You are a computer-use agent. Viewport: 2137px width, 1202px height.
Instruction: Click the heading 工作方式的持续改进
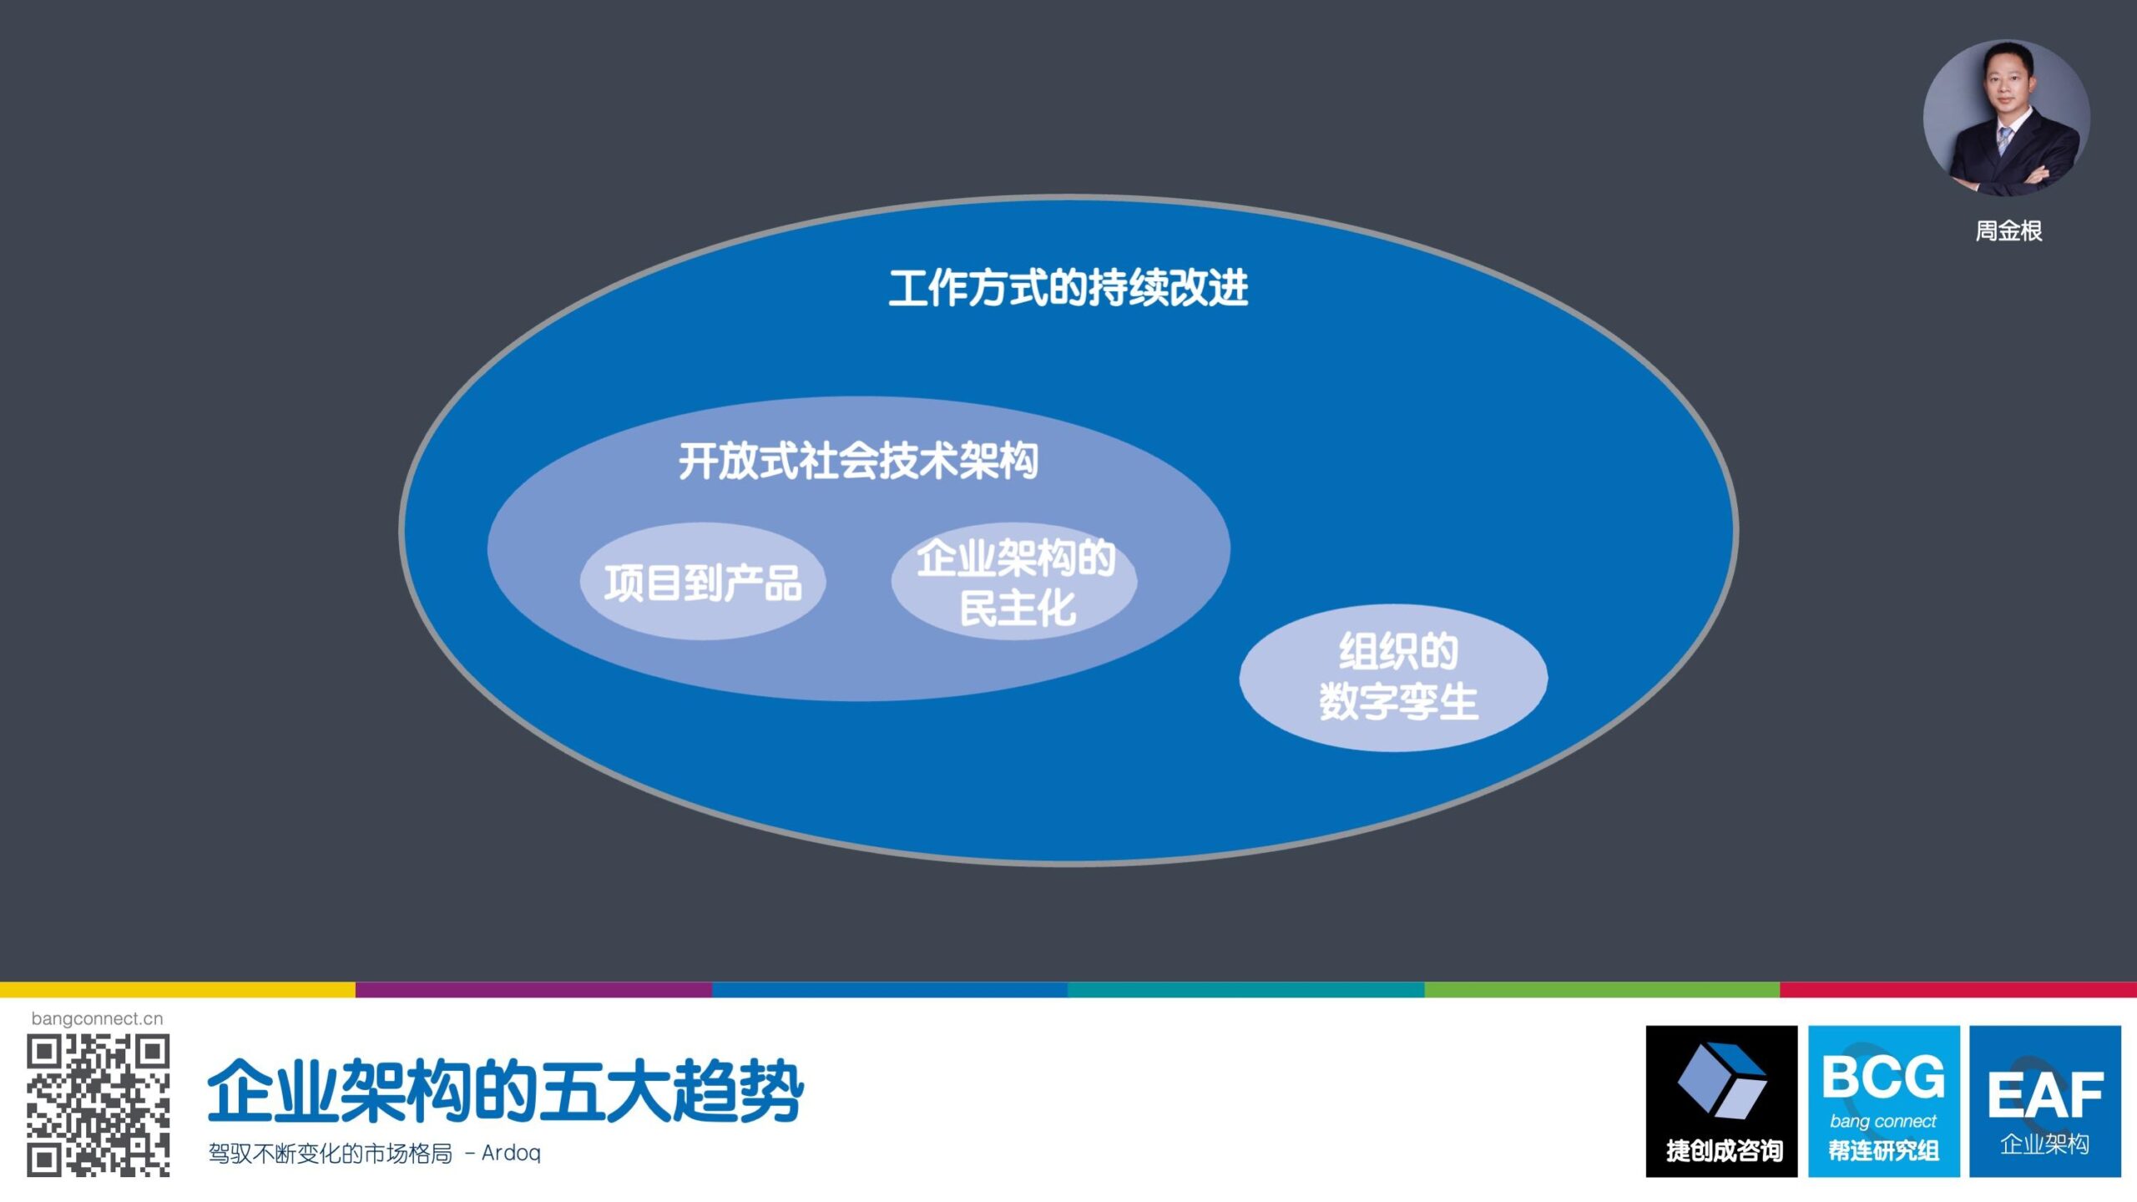tap(1068, 288)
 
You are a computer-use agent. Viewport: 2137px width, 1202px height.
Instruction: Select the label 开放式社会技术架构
tap(858, 461)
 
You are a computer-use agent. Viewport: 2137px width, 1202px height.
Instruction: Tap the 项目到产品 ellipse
tap(703, 582)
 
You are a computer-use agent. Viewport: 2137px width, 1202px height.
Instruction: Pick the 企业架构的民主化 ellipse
tap(1014, 582)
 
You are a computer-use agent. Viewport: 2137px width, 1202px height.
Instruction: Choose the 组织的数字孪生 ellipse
tap(1393, 678)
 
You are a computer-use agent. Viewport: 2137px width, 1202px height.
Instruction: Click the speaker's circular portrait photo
tap(2007, 119)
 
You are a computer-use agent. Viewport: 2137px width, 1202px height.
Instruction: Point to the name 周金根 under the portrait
tap(2008, 231)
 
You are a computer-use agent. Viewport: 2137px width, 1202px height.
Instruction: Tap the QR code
tap(99, 1105)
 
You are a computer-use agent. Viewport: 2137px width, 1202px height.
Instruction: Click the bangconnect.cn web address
tap(97, 1018)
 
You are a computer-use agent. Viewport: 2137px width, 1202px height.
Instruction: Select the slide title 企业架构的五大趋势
tap(505, 1090)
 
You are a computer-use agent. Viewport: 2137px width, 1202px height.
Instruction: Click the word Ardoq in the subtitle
tap(511, 1153)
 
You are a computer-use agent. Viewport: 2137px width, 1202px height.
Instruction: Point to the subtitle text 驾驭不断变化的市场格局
tap(330, 1154)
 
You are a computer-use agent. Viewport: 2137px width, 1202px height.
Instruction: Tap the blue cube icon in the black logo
tap(1722, 1079)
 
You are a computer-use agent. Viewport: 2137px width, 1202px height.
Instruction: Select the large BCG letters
tap(1883, 1077)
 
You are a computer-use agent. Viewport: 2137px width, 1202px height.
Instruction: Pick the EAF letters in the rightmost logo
tap(2045, 1095)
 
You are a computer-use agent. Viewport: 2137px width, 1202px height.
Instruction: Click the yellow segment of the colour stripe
tap(178, 990)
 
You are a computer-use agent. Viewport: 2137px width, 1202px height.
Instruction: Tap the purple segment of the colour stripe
tap(534, 990)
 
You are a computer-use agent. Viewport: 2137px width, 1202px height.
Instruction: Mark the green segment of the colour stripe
tap(1602, 990)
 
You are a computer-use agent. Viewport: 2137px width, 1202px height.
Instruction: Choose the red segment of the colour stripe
tap(1958, 990)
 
